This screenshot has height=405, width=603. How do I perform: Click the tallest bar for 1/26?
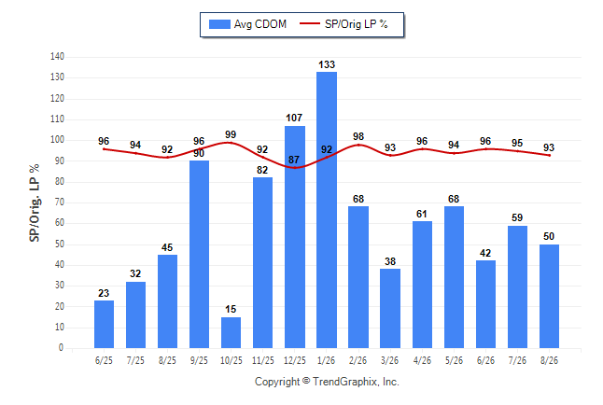pos(327,210)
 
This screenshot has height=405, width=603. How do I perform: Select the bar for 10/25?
pos(231,333)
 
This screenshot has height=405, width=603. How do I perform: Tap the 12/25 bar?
pos(295,237)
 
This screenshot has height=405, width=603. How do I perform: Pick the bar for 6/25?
pos(104,324)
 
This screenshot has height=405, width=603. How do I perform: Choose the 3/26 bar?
pos(390,309)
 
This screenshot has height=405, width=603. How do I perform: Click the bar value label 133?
pos(327,64)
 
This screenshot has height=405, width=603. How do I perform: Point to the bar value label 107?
pos(294,118)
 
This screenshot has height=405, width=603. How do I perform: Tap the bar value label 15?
pos(231,309)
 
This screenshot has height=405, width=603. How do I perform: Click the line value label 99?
pos(231,134)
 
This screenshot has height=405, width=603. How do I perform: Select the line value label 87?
pos(294,160)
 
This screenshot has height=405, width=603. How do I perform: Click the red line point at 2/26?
pos(358,145)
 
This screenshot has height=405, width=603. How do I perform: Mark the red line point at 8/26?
pos(549,156)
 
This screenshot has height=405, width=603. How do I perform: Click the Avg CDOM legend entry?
pos(247,24)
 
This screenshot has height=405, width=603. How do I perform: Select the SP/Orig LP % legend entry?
pos(344,24)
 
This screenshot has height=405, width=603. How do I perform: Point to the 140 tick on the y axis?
pos(57,57)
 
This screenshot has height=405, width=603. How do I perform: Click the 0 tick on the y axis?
pos(61,348)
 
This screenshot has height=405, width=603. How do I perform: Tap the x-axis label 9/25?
pos(199,360)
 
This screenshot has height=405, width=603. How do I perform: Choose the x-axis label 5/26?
pos(454,360)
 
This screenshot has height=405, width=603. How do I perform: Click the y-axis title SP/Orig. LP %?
pos(35,203)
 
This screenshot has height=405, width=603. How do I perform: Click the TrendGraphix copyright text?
pos(327,382)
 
